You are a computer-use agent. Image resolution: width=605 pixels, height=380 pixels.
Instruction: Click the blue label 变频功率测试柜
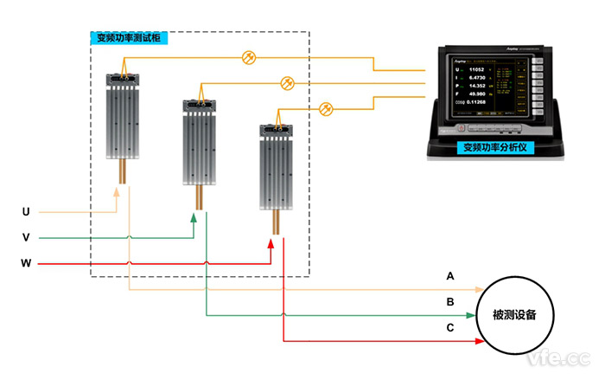click(x=129, y=39)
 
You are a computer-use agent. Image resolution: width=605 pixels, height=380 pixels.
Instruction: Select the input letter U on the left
click(x=26, y=211)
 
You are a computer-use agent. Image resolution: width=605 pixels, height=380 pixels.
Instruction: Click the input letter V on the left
click(x=26, y=236)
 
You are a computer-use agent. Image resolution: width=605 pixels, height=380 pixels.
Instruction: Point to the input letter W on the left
click(x=26, y=262)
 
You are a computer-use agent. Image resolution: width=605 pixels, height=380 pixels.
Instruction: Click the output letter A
click(x=449, y=277)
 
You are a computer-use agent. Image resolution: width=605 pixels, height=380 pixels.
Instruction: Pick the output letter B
click(x=449, y=302)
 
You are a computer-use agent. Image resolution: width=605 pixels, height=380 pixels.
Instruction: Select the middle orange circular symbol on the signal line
click(x=288, y=83)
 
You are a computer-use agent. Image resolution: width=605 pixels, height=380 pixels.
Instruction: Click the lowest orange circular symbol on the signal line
click(x=326, y=108)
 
